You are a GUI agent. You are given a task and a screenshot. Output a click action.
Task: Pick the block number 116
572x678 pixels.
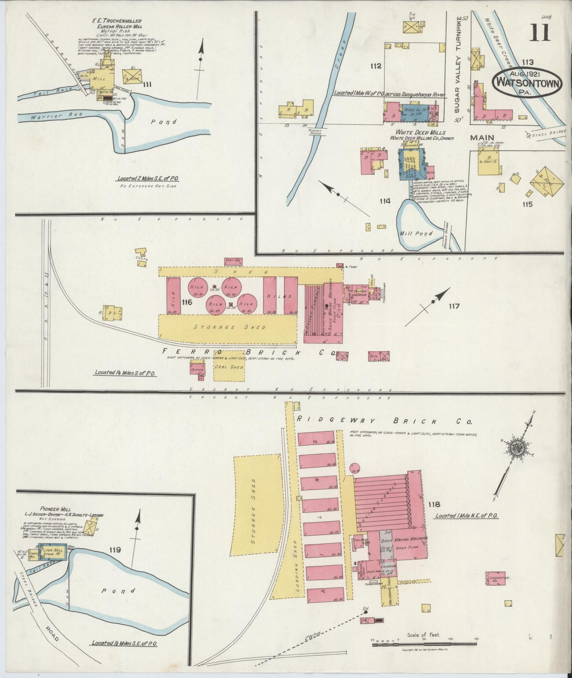[x=187, y=303]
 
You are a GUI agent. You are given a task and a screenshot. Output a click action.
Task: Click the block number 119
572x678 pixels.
[x=116, y=549]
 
